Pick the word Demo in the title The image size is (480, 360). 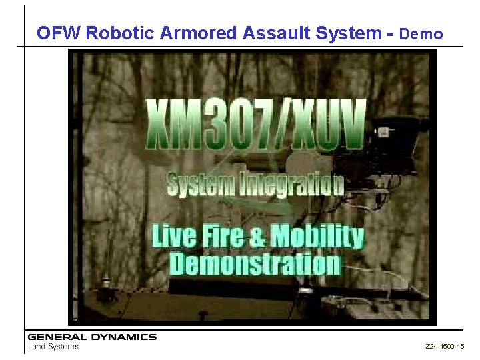tap(422, 34)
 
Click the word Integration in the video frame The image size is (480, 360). tap(290, 184)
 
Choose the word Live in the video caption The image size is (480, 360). tap(171, 236)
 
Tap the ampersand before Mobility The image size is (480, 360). tap(257, 236)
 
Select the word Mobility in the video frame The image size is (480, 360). tap(318, 236)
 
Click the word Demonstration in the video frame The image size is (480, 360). tap(255, 263)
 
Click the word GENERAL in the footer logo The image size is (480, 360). tap(57, 337)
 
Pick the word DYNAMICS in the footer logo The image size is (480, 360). tap(123, 337)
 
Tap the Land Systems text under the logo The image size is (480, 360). tap(53, 346)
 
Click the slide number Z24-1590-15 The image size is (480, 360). tap(445, 347)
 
